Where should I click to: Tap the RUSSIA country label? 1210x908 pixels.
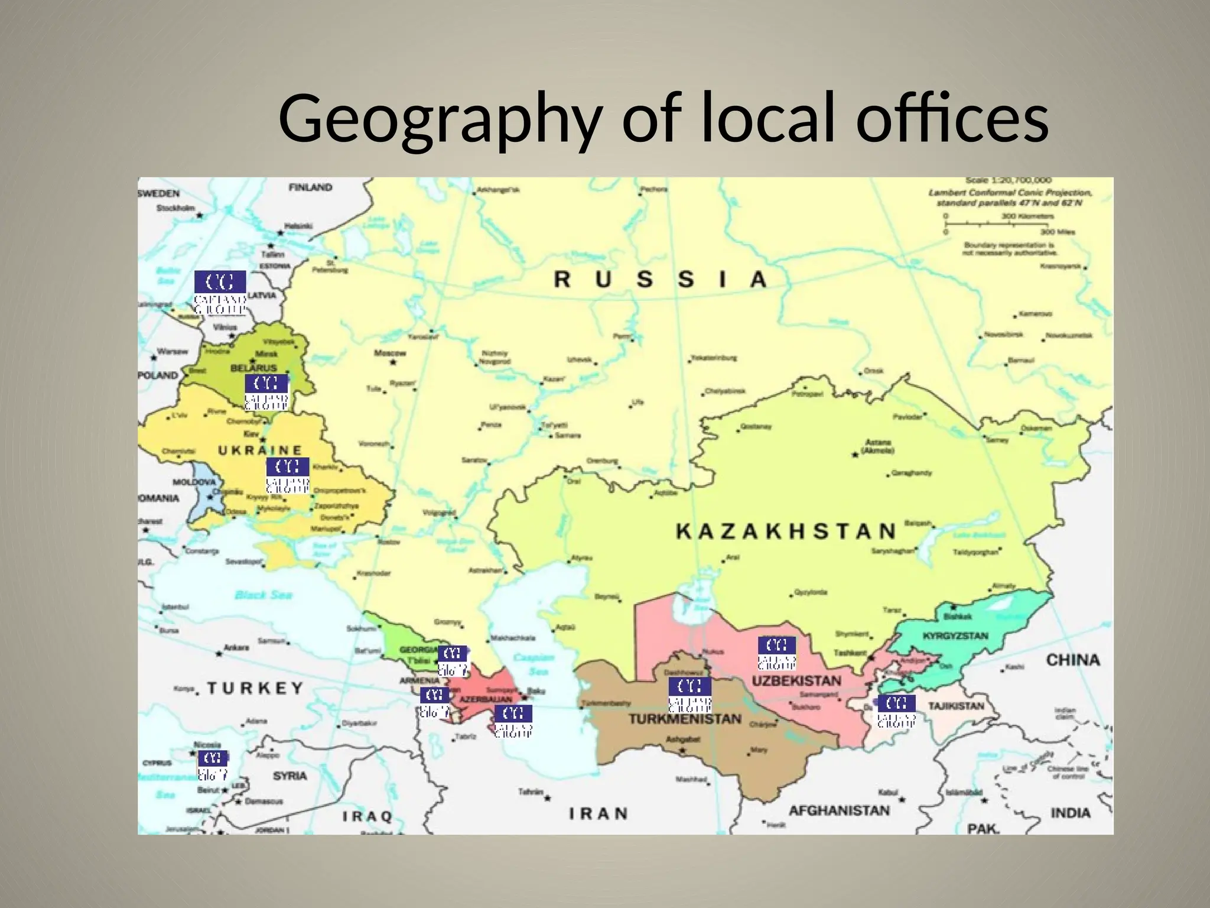[660, 279]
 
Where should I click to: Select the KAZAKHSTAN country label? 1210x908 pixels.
[786, 531]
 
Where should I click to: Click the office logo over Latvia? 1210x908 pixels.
[220, 293]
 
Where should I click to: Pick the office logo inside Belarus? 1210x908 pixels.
[266, 392]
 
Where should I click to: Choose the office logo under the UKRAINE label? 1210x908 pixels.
[288, 475]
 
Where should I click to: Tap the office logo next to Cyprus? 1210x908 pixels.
[212, 765]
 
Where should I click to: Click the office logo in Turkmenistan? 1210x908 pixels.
[689, 695]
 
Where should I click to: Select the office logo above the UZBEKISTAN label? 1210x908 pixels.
[777, 653]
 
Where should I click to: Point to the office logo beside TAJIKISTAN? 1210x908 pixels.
[896, 711]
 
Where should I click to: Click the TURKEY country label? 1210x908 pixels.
[255, 688]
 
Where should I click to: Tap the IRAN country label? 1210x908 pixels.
[598, 814]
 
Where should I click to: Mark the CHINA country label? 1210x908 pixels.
[1073, 660]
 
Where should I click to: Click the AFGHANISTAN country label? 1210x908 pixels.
[839, 810]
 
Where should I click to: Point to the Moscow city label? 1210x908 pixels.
[390, 354]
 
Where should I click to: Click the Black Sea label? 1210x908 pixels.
[264, 595]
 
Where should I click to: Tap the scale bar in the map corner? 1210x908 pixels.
[998, 224]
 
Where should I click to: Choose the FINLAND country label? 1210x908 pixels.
[310, 187]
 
